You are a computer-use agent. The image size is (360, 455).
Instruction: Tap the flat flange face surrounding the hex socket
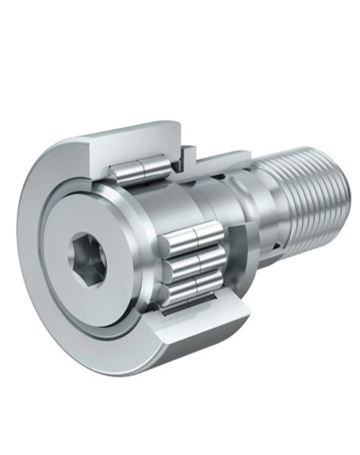click(104, 284)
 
